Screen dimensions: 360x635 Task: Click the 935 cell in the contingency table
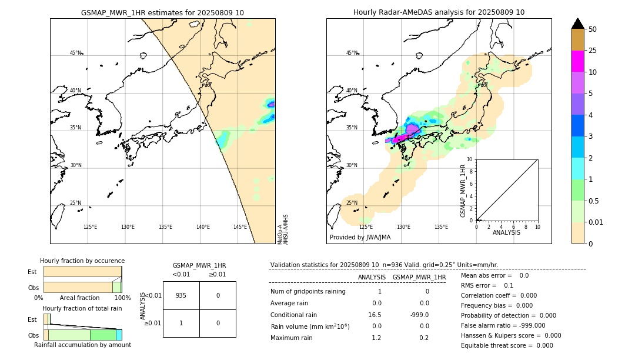tap(181, 295)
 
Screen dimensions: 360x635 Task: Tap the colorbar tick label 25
tap(593, 51)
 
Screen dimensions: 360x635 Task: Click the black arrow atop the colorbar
tap(577, 24)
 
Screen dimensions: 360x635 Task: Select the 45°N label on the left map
tap(76, 53)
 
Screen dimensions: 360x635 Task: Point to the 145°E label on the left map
tap(240, 227)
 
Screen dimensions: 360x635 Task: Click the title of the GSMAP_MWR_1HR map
tap(162, 12)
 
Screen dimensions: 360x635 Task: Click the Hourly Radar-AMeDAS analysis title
tap(439, 12)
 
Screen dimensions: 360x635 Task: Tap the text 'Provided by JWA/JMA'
tap(360, 237)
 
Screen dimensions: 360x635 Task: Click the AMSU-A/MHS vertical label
tap(285, 229)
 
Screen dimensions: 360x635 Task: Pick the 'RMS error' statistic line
tap(487, 285)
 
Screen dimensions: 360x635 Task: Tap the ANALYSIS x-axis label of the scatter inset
tap(506, 232)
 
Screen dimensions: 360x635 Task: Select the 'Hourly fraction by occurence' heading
tap(82, 261)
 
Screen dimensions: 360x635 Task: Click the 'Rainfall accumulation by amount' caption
tap(82, 345)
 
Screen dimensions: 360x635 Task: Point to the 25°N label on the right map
tap(352, 203)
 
